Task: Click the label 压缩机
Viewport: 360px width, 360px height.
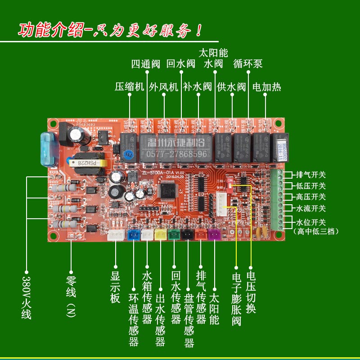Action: point(130,87)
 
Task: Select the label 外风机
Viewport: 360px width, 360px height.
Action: point(164,87)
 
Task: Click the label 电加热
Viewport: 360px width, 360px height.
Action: point(266,87)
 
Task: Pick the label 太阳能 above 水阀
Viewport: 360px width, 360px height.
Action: point(214,52)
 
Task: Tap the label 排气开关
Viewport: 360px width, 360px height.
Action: point(311,175)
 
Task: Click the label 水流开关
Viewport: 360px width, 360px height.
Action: point(311,208)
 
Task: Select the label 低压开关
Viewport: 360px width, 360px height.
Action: point(311,186)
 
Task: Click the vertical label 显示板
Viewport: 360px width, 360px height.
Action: point(115,286)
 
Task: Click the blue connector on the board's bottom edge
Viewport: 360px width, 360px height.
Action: point(133,235)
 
